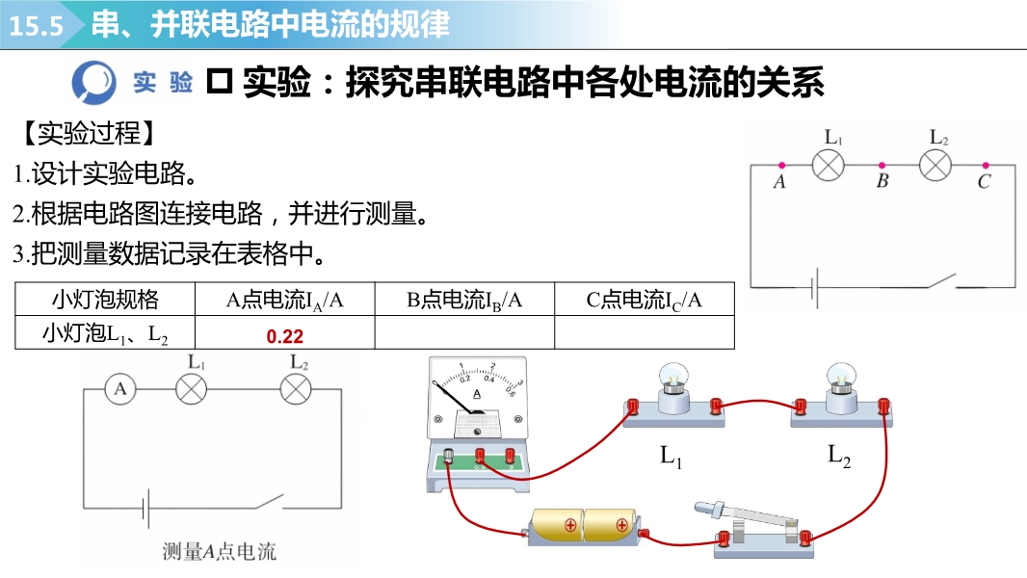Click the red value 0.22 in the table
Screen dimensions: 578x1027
click(284, 335)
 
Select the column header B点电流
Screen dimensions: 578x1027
click(463, 300)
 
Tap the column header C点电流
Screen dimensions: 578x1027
click(644, 300)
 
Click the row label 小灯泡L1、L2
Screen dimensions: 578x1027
click(105, 334)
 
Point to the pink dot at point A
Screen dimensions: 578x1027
click(781, 166)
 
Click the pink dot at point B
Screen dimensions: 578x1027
click(882, 166)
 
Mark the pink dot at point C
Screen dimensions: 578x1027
click(985, 166)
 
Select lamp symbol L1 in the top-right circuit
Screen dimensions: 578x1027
click(829, 166)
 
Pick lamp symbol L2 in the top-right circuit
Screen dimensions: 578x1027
click(935, 166)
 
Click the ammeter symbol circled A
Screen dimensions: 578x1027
click(120, 389)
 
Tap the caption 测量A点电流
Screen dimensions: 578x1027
click(219, 552)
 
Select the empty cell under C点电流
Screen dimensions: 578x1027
click(644, 334)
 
